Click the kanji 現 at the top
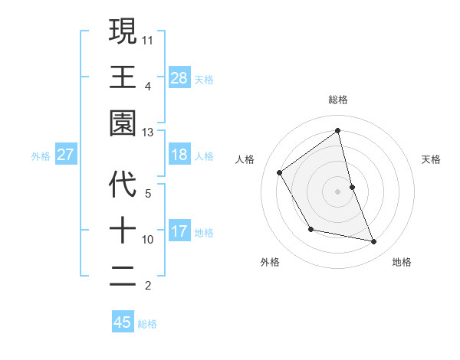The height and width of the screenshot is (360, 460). coord(123,31)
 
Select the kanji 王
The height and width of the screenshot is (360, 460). coord(123,77)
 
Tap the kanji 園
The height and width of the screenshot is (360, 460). coord(123,123)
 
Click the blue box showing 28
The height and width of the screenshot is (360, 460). coord(179,77)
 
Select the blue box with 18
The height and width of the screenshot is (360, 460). coord(179,155)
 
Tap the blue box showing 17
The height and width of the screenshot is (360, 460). coord(179,231)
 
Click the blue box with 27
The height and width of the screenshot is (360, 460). coord(66,155)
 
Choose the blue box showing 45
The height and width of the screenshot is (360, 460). coord(123,322)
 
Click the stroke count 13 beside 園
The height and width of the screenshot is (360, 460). coord(148,133)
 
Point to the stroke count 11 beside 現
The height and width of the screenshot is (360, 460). coord(148,39)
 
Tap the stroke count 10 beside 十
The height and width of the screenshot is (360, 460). coord(148,240)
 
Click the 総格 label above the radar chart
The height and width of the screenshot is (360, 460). coord(337,100)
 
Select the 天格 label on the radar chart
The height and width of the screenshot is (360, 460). coord(431,159)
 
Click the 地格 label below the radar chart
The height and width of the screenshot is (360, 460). coord(402,262)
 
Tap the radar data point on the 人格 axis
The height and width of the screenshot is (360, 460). coord(280,173)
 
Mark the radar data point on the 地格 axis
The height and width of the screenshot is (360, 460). coord(373,241)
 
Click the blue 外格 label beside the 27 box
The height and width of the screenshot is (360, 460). coord(41,155)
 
